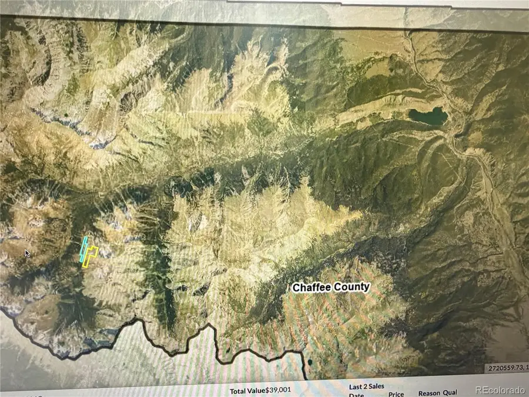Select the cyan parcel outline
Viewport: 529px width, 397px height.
click(x=83, y=249)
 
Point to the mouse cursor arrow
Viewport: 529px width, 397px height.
click(x=27, y=253)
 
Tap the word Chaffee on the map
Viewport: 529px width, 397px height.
click(x=312, y=288)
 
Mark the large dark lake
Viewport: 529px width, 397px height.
click(x=428, y=116)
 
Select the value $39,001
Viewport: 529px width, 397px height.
click(x=279, y=390)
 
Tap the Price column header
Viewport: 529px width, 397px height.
click(x=396, y=394)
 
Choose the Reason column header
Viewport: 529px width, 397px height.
click(x=430, y=393)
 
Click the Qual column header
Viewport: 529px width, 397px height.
click(x=450, y=393)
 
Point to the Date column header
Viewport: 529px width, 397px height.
click(x=357, y=395)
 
